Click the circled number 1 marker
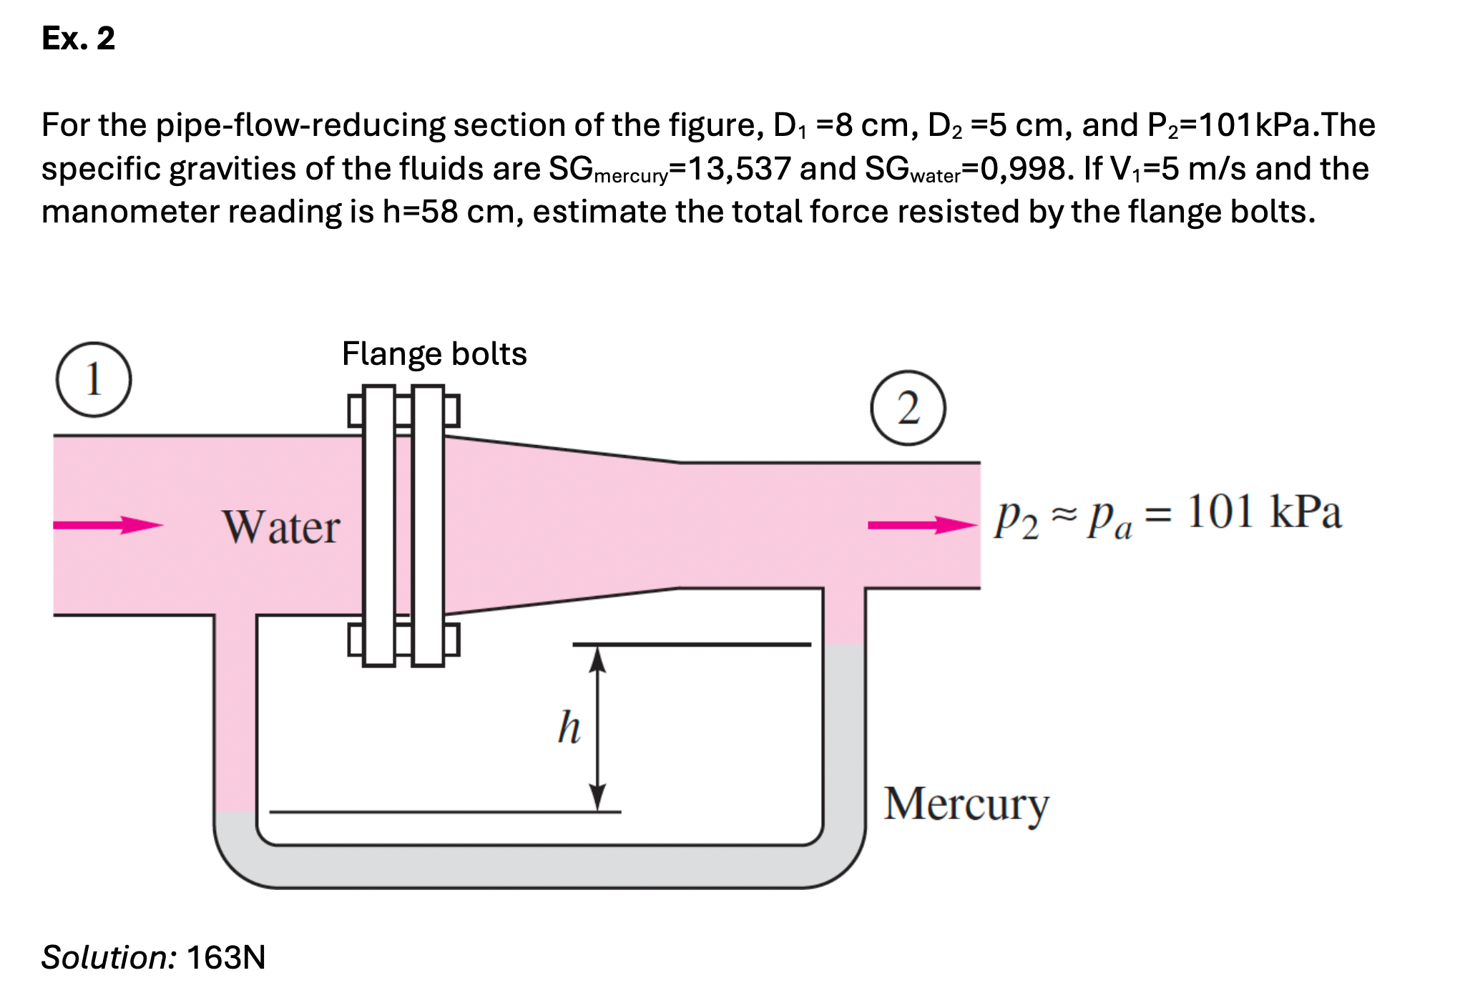click(94, 379)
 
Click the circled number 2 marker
click(908, 408)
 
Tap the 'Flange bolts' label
click(434, 353)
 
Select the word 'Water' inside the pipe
click(280, 527)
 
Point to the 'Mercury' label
click(966, 804)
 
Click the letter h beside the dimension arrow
click(569, 728)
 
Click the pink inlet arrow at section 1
click(107, 525)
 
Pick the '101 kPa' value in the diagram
click(1263, 512)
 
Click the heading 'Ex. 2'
click(78, 38)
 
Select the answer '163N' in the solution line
click(226, 957)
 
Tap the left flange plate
click(379, 526)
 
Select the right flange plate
click(428, 526)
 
